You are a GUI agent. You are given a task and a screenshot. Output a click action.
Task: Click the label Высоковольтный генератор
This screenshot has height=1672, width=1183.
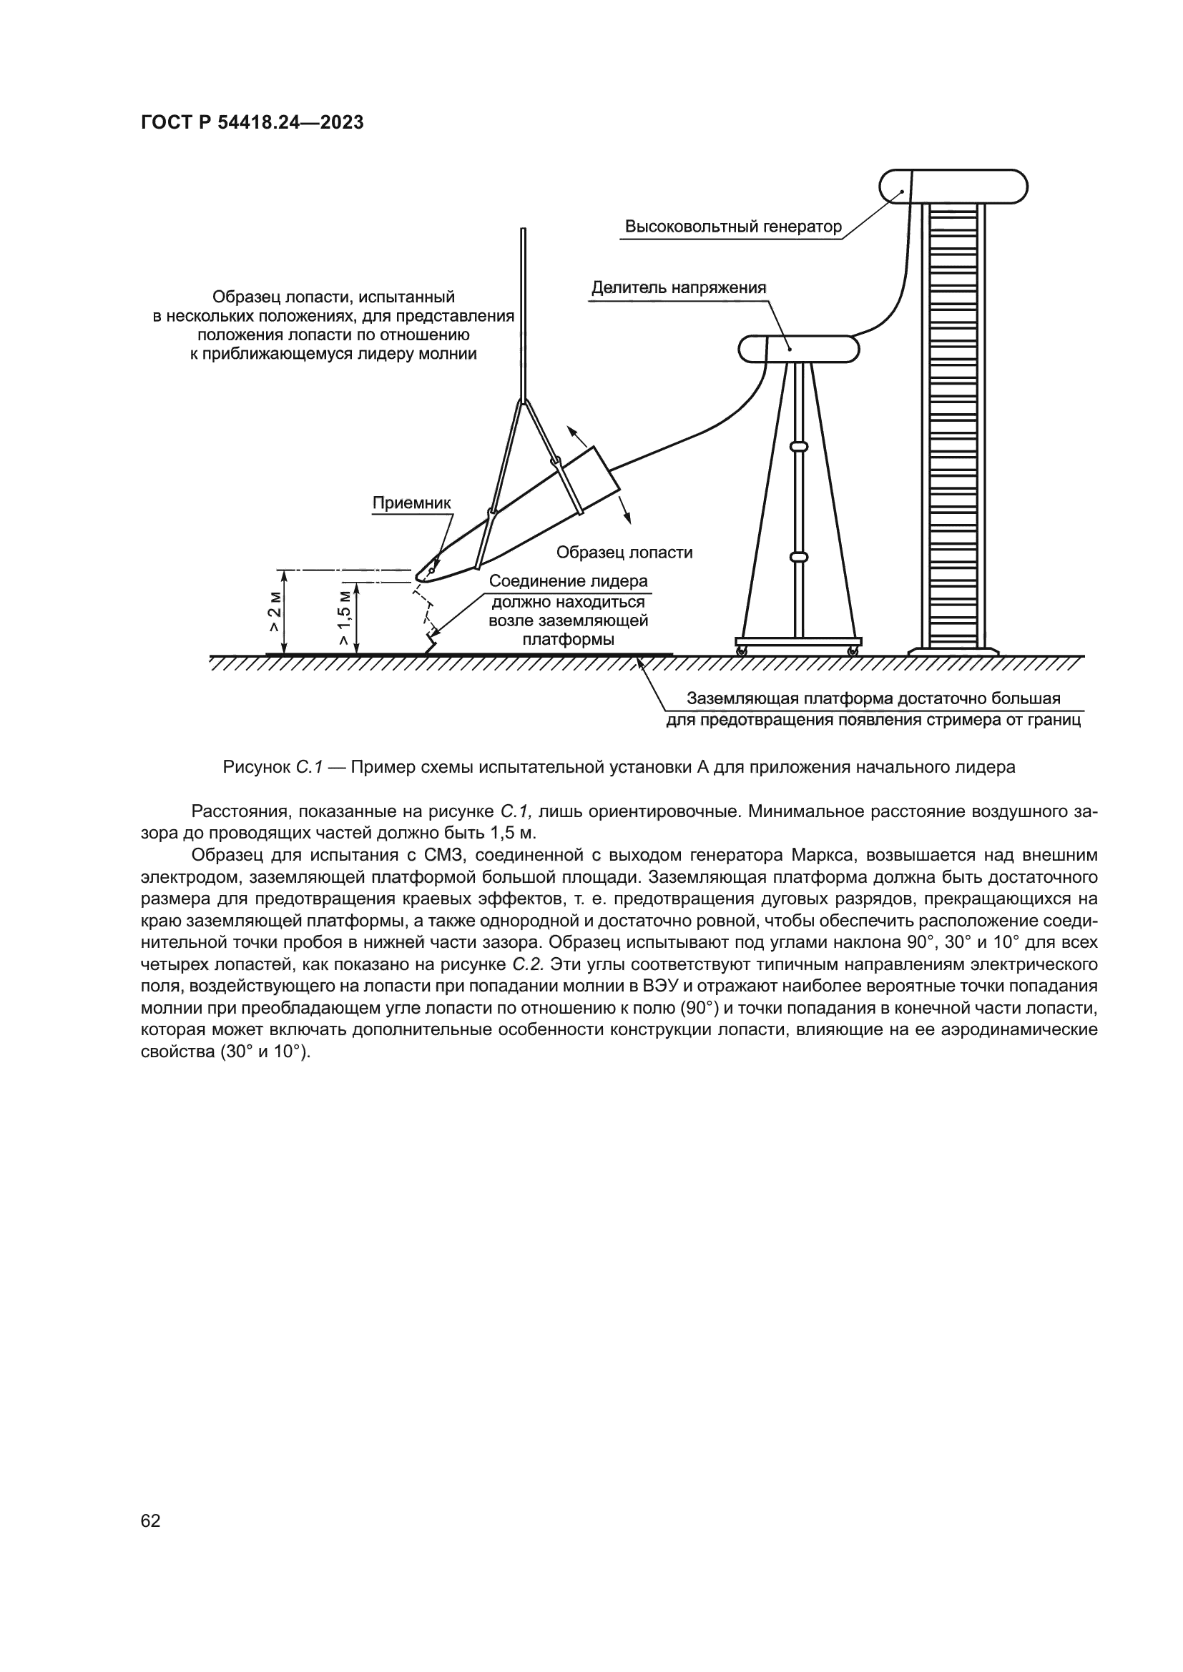[733, 227]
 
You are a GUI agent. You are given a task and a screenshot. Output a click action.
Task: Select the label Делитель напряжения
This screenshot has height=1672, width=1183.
[678, 287]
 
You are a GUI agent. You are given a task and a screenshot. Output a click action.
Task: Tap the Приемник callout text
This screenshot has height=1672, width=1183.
[411, 503]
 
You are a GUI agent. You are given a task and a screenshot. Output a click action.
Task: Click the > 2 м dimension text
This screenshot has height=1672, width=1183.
[274, 612]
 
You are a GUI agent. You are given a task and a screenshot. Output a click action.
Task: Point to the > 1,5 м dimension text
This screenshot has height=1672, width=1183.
[345, 618]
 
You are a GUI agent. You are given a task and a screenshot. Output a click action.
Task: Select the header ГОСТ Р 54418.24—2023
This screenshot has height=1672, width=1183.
[251, 123]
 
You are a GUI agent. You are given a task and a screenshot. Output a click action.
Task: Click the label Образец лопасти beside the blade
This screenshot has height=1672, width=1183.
[624, 553]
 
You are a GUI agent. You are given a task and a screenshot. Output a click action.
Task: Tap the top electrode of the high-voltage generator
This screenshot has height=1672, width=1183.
[953, 187]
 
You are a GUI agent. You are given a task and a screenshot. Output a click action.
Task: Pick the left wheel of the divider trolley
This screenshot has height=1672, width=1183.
[741, 651]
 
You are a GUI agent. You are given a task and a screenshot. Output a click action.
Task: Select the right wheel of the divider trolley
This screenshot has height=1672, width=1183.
[852, 651]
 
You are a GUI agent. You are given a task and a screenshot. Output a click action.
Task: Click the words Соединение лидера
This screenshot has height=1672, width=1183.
[568, 581]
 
